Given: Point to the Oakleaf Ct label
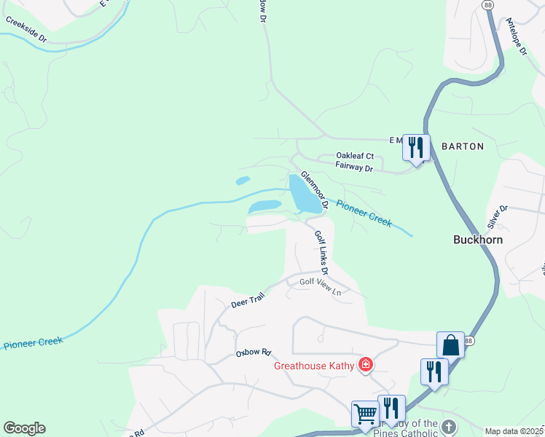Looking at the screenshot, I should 355,156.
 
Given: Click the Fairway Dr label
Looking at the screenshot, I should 354,168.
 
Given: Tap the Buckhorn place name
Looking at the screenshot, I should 478,239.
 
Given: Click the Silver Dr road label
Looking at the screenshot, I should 498,218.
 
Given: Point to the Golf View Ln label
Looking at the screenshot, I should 320,286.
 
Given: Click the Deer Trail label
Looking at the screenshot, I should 247,299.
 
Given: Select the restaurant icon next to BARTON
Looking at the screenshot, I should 416,148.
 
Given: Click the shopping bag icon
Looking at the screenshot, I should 451,345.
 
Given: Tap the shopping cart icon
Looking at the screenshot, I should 365,414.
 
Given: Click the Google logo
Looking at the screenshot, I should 24,428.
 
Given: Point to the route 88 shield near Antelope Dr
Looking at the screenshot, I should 487,4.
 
